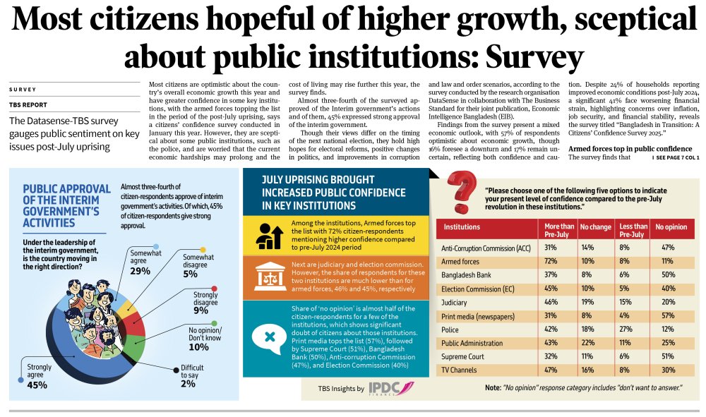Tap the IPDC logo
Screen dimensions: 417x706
click(x=390, y=388)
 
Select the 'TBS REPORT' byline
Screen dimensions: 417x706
click(x=28, y=104)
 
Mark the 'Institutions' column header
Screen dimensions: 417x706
click(x=460, y=227)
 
